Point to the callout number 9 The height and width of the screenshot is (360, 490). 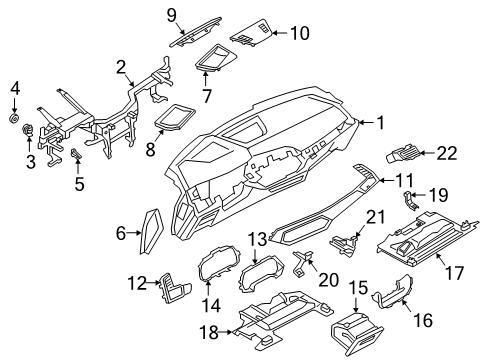[171, 14]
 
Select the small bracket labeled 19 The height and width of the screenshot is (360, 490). [411, 199]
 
